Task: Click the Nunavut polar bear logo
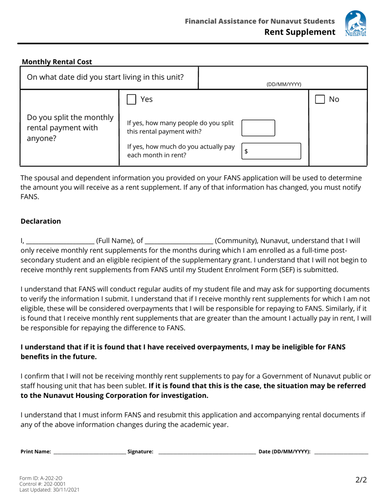click(355, 24)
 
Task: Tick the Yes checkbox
click(131, 99)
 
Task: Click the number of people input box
click(259, 127)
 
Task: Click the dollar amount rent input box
click(271, 151)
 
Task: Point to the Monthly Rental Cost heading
click(57, 62)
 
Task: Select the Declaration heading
click(41, 221)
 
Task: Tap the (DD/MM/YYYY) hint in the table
click(284, 85)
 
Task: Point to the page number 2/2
click(361, 480)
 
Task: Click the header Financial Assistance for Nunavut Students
click(260, 21)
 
